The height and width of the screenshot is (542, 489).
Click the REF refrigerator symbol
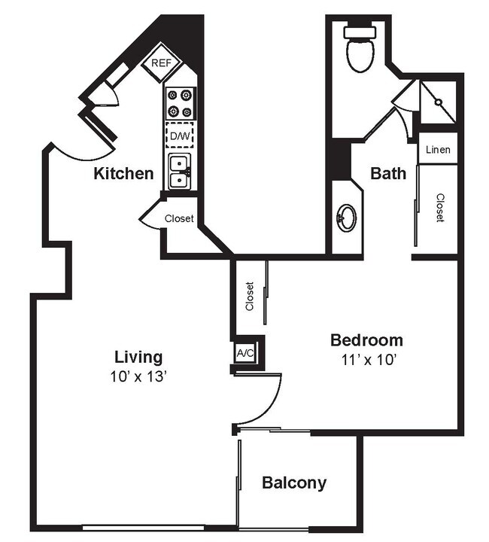coord(162,63)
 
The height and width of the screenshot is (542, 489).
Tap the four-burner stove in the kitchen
coord(179,104)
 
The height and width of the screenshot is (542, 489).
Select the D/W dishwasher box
coord(180,136)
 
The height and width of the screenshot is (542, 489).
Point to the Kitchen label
coord(123,174)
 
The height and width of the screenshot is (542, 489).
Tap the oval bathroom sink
coord(347,218)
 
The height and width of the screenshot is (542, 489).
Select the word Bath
coord(388,174)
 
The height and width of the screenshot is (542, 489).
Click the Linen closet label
coord(438,150)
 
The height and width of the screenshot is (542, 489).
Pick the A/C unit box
coord(244,353)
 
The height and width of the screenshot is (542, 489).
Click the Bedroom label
coord(366,340)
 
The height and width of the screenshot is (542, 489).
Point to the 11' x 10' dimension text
coord(366,359)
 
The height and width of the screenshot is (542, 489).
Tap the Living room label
coord(138,357)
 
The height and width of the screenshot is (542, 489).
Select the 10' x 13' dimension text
coord(138,376)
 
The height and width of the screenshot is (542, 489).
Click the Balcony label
coord(294,483)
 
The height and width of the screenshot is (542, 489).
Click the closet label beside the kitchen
coord(179,219)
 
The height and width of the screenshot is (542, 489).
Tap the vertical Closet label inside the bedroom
coord(250,297)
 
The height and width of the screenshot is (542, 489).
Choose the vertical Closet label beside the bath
coord(439,208)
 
